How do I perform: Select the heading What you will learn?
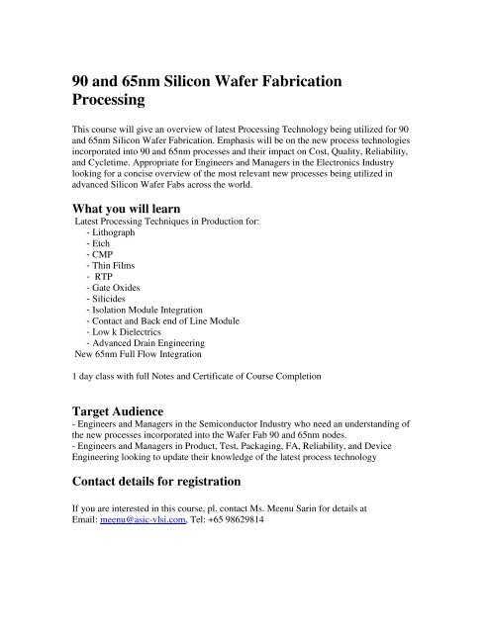(x=136, y=209)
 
